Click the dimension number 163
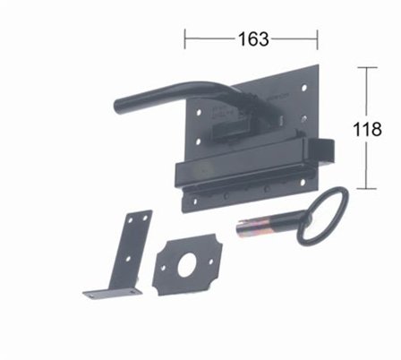(x=253, y=39)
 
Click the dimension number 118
(x=367, y=129)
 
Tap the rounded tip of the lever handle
(x=119, y=107)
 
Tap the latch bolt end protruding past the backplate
(x=325, y=151)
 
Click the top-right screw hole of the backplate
(x=304, y=88)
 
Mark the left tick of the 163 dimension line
(x=185, y=39)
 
